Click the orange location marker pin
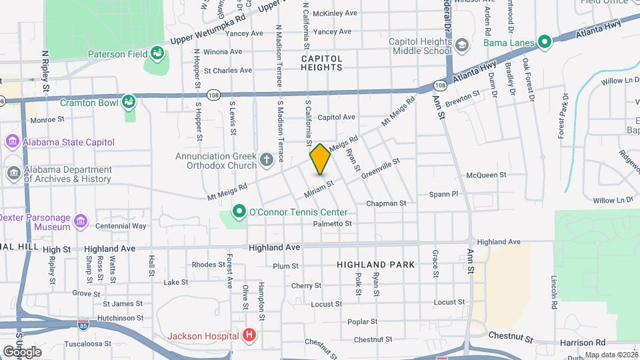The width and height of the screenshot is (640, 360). (321, 159)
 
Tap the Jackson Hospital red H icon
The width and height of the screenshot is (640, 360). (249, 335)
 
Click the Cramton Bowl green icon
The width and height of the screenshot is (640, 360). (129, 102)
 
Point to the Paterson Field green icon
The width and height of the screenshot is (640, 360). (157, 52)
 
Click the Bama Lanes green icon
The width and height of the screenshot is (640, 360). (545, 43)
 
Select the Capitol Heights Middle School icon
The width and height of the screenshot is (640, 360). (461, 45)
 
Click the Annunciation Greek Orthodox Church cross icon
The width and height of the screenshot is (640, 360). (266, 159)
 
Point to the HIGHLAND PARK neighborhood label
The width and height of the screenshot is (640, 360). (375, 265)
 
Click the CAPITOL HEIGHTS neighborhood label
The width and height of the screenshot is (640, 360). (321, 63)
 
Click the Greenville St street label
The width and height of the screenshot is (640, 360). (380, 168)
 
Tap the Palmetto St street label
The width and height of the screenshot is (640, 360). (332, 224)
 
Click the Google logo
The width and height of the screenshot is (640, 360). (23, 351)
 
